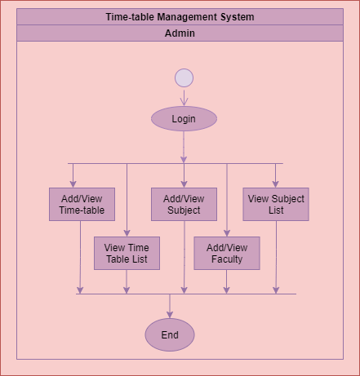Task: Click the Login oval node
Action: pos(184,119)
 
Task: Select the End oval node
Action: pos(170,335)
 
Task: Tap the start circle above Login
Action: pos(184,77)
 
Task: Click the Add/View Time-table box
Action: pos(82,205)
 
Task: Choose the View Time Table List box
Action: pos(127,254)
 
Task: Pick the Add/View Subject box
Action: pos(184,205)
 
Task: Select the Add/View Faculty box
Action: pos(226,254)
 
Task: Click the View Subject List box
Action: pos(276,205)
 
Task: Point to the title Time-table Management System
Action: pos(180,17)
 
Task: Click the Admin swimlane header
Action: pos(180,33)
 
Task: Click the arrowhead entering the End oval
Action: pos(170,314)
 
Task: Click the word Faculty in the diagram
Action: pos(227,259)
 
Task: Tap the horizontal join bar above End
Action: pos(186,294)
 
